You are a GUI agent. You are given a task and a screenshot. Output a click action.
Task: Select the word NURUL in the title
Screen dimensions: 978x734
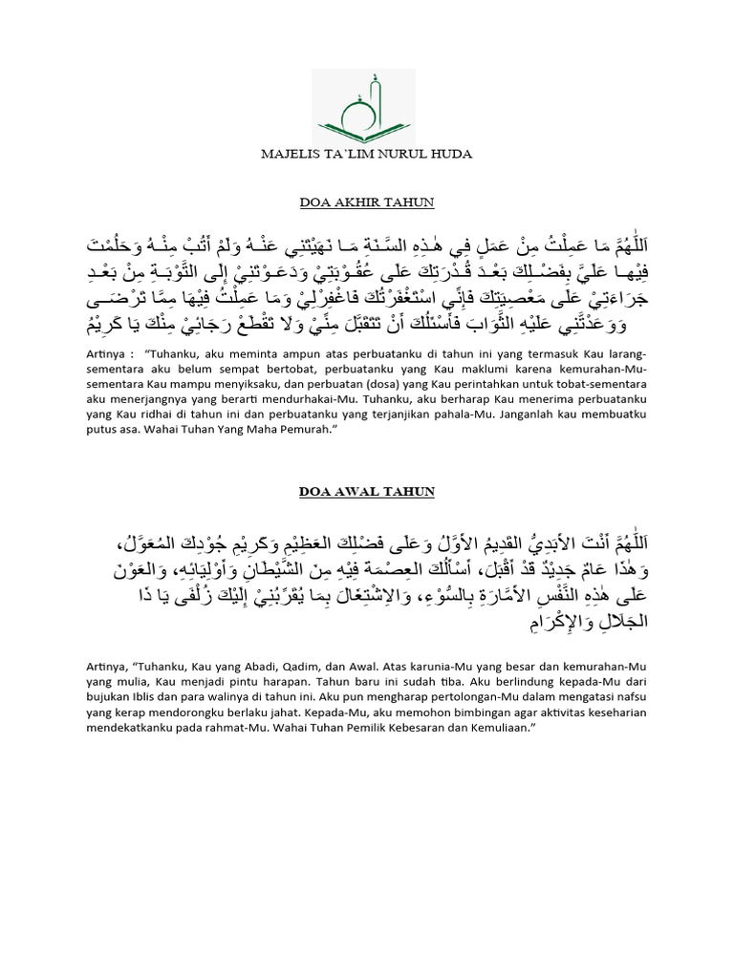tap(411, 154)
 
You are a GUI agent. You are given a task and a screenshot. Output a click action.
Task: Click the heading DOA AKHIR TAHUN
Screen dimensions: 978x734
tap(366, 202)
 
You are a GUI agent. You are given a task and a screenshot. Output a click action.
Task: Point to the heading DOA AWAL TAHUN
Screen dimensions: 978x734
tap(366, 491)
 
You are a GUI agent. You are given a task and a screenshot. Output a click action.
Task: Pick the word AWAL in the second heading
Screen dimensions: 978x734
tap(364, 491)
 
